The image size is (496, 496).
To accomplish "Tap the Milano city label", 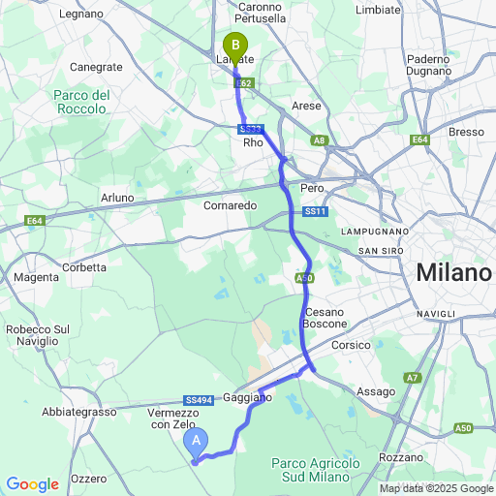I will click(452, 273).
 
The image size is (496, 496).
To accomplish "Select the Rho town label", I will click(253, 142).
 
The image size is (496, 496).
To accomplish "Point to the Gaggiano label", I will click(247, 398).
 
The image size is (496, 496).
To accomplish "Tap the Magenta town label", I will click(36, 278).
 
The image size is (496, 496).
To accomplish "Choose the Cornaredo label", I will click(230, 205).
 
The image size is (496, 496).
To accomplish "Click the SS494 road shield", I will click(198, 400).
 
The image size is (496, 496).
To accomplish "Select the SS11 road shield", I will click(315, 211).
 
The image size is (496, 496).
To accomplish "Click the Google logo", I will click(32, 483).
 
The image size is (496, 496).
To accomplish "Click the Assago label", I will click(376, 391).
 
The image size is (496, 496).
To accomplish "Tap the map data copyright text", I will click(436, 488).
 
